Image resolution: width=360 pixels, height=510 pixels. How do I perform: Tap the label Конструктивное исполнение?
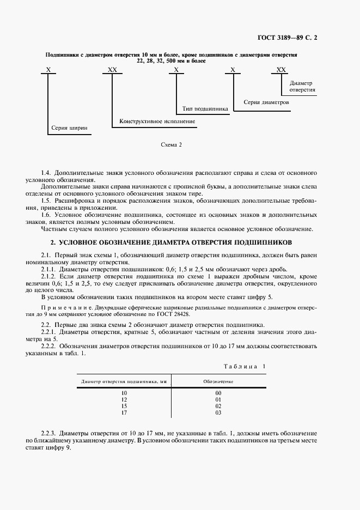[x=157, y=120]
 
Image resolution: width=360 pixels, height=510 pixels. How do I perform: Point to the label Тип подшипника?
[x=205, y=108]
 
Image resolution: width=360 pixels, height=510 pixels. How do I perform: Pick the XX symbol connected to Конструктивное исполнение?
[x=112, y=70]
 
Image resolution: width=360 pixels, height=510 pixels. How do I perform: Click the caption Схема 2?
[x=171, y=145]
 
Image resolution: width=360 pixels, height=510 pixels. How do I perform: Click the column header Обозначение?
[x=218, y=381]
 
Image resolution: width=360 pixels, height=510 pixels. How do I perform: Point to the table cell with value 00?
[x=218, y=392]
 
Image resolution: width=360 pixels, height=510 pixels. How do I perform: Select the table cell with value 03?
[x=218, y=412]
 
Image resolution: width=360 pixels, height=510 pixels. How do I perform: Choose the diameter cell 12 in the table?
[x=124, y=399]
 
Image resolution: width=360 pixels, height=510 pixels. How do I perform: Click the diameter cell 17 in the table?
[x=124, y=412]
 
